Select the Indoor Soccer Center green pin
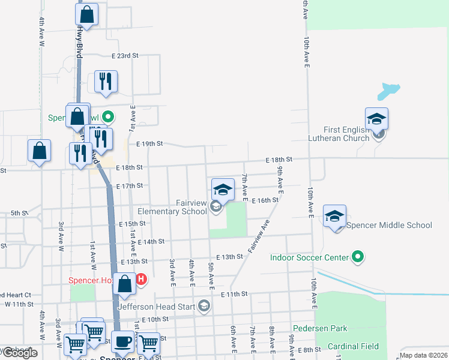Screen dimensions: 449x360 358,257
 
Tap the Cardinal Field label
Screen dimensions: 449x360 353,346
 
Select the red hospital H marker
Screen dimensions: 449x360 141,280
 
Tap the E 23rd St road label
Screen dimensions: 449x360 125,55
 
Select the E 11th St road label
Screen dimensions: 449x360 234,294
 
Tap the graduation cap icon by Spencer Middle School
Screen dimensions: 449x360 334,216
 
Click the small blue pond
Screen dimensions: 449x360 388,91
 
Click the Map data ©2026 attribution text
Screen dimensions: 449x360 423,355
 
